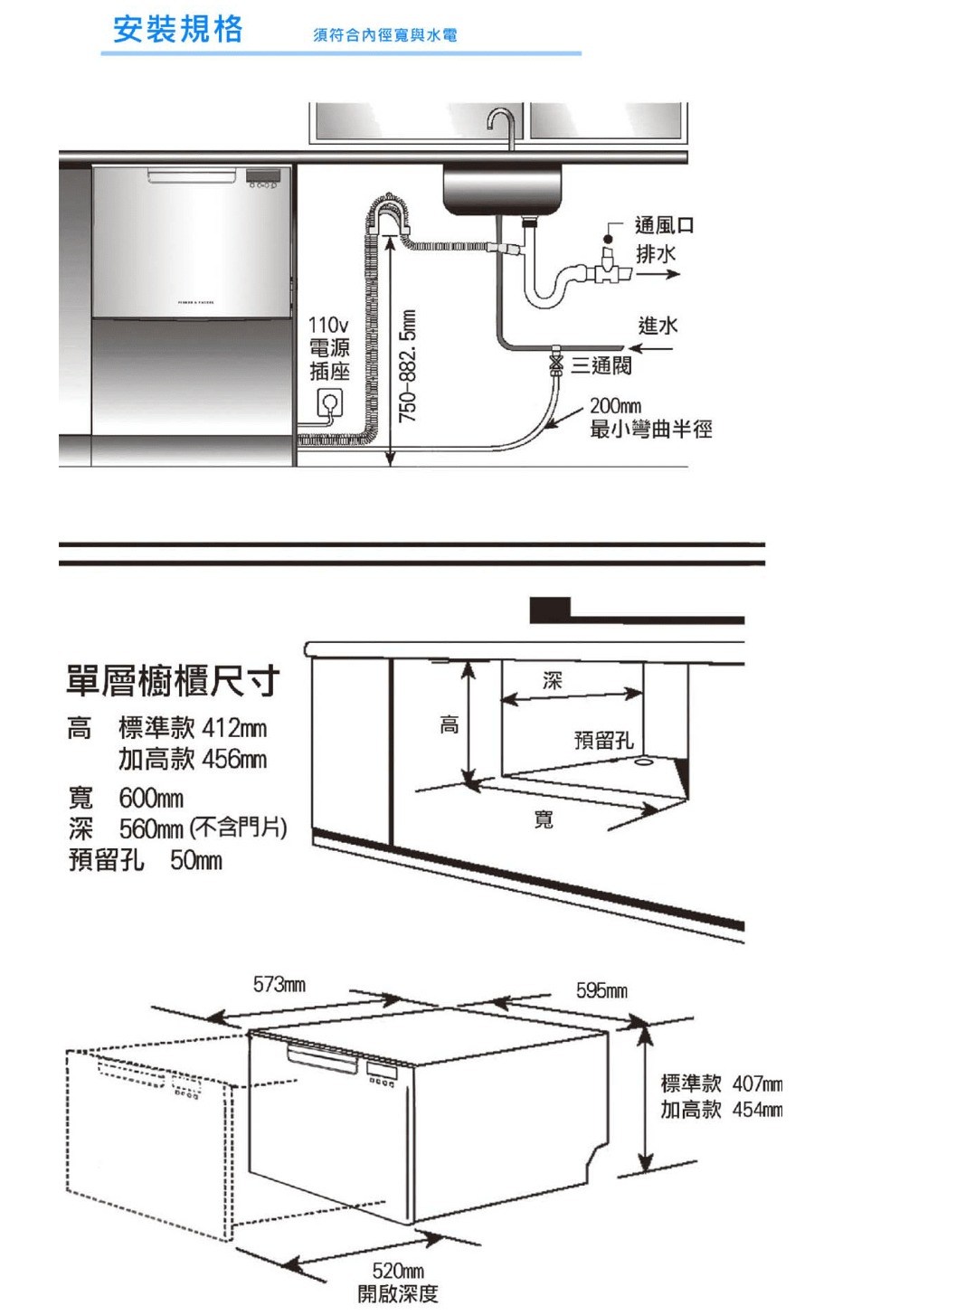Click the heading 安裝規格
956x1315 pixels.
(178, 29)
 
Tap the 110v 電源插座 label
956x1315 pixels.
(328, 348)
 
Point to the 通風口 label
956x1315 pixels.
(664, 225)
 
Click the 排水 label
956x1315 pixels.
(655, 254)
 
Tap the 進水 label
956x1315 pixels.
(658, 326)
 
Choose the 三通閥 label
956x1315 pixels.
(601, 365)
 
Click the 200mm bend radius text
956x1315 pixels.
(615, 406)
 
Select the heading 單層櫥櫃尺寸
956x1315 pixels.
(173, 681)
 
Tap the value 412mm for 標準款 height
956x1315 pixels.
(234, 728)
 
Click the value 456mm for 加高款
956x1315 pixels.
(234, 759)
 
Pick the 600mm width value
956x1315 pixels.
(151, 799)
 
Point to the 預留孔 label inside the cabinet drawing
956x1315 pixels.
(603, 741)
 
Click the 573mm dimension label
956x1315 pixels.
(279, 984)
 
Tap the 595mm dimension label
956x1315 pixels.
(601, 991)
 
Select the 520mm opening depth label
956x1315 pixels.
(398, 1272)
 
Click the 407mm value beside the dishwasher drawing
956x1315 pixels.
(757, 1083)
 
